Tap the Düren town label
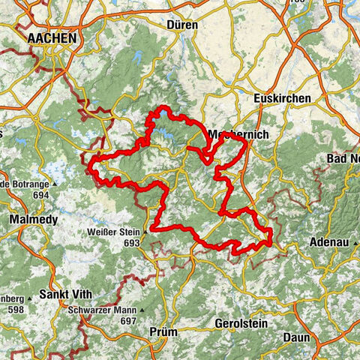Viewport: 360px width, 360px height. (183, 25)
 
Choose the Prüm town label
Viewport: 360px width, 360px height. (165, 331)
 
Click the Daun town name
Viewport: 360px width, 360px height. (296, 337)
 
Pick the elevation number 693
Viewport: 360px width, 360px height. (132, 243)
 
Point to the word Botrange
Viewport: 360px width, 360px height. (30, 184)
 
